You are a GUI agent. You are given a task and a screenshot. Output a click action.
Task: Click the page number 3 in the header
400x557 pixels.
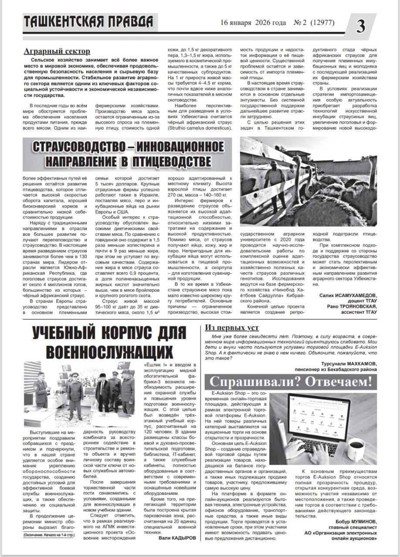tap(362, 27)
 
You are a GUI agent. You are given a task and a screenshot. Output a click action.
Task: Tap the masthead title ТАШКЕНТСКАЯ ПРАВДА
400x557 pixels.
tap(88, 21)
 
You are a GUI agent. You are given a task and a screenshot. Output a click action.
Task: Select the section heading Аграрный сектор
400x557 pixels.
tap(57, 51)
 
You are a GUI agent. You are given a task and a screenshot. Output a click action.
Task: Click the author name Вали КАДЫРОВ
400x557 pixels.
tap(177, 538)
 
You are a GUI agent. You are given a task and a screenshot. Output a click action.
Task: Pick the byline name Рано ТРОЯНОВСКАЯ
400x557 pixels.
tap(352, 306)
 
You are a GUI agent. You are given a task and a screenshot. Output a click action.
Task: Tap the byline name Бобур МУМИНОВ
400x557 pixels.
tap(356, 522)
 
